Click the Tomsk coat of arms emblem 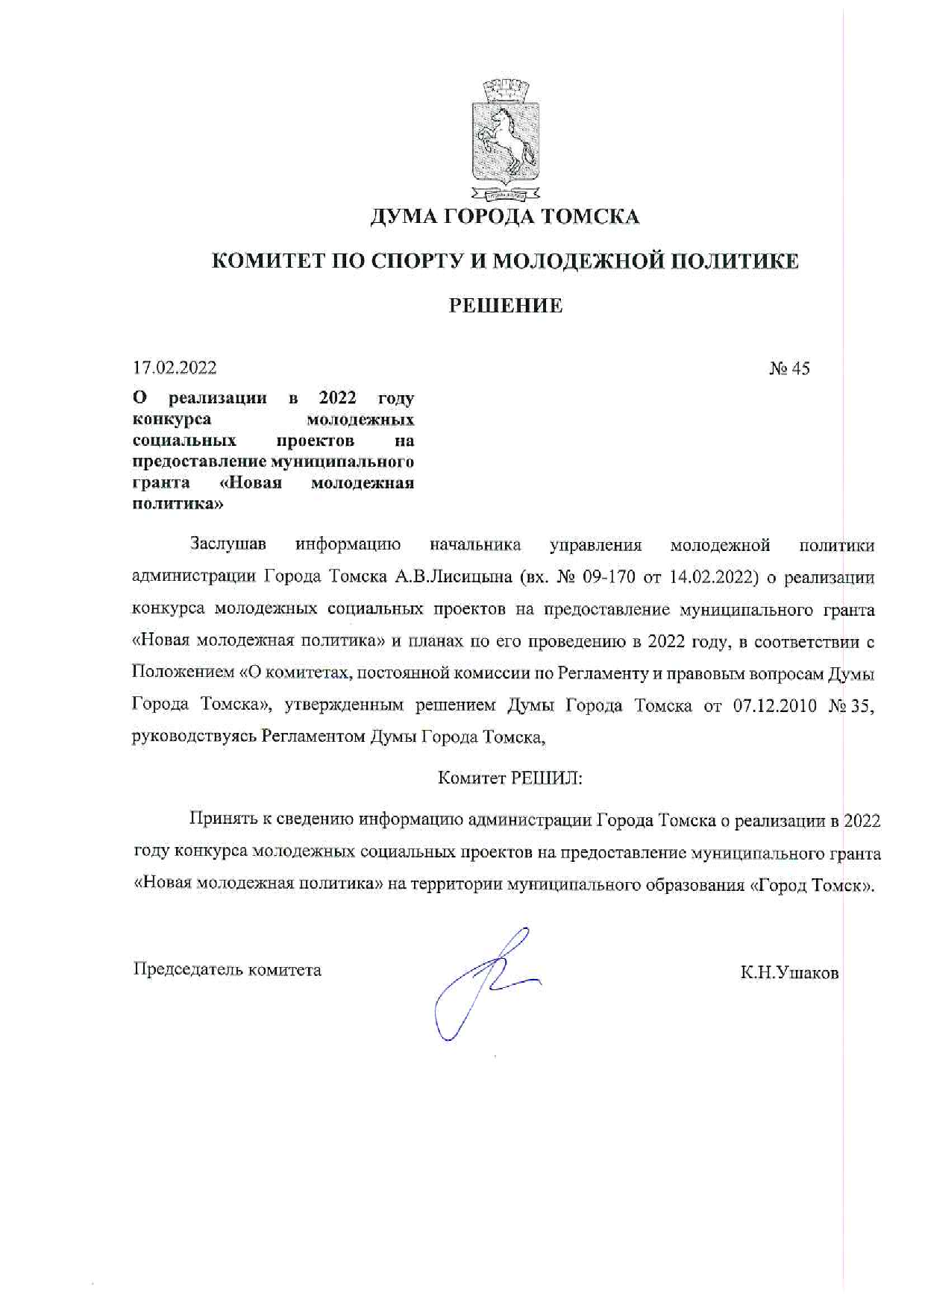505,142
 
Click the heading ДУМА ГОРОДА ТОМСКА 505,217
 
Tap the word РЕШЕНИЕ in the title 505,306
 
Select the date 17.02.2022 175,368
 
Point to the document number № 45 789,368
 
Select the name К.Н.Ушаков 789,973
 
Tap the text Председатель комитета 227,970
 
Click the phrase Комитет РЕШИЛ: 509,778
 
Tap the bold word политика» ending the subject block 178,504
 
